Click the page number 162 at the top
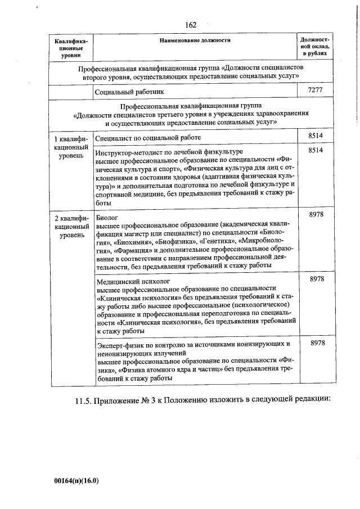(x=190, y=25)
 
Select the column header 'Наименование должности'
(x=195, y=40)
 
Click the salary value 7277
(x=316, y=91)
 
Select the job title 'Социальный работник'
(x=130, y=91)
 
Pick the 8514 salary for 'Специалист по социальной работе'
(x=316, y=136)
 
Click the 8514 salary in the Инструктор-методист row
(x=316, y=151)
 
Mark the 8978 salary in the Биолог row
(x=316, y=216)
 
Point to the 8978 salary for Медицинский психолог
(x=316, y=280)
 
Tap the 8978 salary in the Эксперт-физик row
(x=316, y=343)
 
